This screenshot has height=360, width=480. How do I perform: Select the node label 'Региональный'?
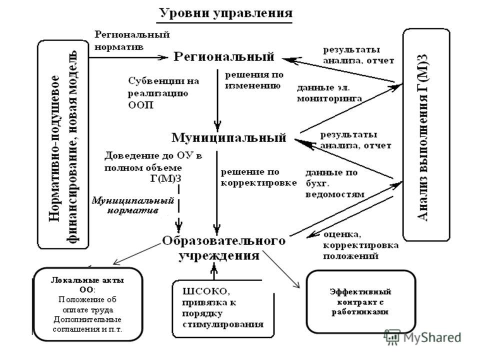(224, 57)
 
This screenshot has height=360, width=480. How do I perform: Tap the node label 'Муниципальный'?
(228, 138)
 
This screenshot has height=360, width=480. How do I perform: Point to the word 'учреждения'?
(218, 255)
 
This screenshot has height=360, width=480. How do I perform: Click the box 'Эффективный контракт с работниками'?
(361, 302)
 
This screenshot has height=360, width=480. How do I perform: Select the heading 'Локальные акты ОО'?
(87, 284)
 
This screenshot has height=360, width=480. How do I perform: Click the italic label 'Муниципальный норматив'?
(133, 205)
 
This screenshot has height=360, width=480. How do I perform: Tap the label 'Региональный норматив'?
(131, 40)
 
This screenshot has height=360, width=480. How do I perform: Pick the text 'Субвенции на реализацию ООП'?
(163, 93)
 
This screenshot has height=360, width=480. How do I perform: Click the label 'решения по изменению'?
(254, 80)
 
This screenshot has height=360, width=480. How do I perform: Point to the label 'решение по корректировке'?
(259, 177)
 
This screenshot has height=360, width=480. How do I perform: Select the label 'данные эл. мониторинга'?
(329, 93)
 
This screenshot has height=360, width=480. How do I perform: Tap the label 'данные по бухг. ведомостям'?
(335, 183)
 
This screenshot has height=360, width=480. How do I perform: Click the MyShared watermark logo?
(422, 337)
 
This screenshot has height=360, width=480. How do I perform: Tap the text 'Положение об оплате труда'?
(87, 304)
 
